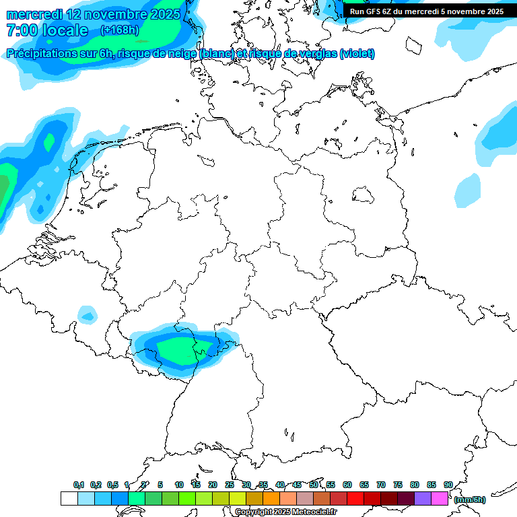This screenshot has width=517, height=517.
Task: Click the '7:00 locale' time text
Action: coord(46,30)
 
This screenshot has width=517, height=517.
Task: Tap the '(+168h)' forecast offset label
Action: coord(120,30)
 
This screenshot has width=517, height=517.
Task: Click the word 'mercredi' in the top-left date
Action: coord(34,13)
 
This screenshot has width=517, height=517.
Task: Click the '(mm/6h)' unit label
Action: coord(470,499)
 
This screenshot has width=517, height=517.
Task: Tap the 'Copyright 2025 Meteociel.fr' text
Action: coord(286,512)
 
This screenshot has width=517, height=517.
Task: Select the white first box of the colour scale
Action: coord(69,499)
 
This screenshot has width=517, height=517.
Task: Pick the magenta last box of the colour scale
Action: coord(440,499)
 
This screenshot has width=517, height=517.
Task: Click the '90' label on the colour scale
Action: coord(448,485)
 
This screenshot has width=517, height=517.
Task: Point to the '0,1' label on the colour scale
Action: coord(79,485)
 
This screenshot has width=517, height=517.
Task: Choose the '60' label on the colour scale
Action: coord(347,485)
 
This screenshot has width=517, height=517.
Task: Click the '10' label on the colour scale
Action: coord(179,485)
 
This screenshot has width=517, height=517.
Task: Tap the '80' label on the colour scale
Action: coord(415,485)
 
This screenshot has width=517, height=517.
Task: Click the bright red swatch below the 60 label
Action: coord(355,499)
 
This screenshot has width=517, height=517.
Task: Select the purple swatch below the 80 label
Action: coord(422,499)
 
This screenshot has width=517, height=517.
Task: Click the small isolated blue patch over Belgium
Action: coord(88,314)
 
